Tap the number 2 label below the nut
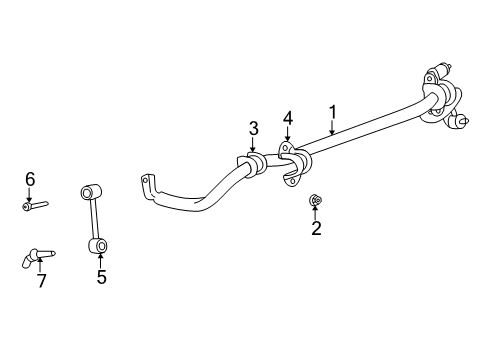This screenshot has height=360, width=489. coord(316,230)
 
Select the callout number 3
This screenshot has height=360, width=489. coord(254,127)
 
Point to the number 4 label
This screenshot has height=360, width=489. coord(287,119)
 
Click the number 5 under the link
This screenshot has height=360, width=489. coord(101,277)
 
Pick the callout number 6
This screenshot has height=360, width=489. coord(29,179)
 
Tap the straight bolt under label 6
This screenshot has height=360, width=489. coord(34,206)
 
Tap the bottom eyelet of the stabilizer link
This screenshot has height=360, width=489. coord(100,243)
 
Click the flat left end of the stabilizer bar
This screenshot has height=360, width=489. coord(147,185)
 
